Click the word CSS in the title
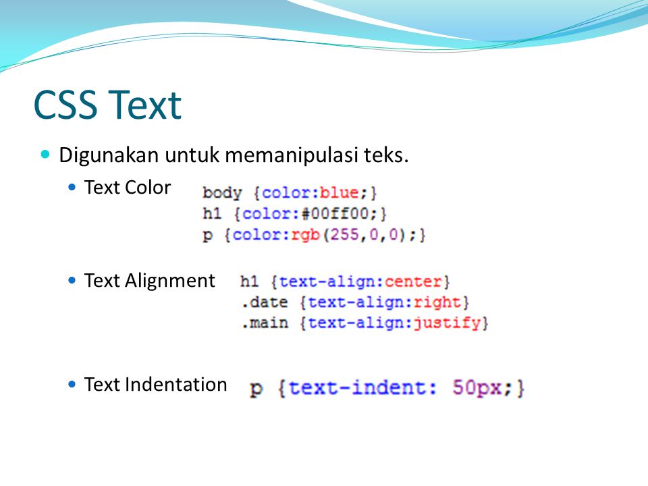click(65, 105)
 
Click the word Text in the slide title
click(145, 105)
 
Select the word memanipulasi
click(292, 156)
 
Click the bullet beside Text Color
click(72, 187)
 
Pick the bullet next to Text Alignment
click(72, 281)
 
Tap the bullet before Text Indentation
click(72, 384)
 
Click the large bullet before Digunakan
click(45, 155)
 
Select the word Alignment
click(170, 281)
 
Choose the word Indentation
click(176, 384)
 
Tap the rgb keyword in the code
click(306, 236)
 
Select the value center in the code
click(413, 282)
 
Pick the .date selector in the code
click(265, 302)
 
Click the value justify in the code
click(447, 323)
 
